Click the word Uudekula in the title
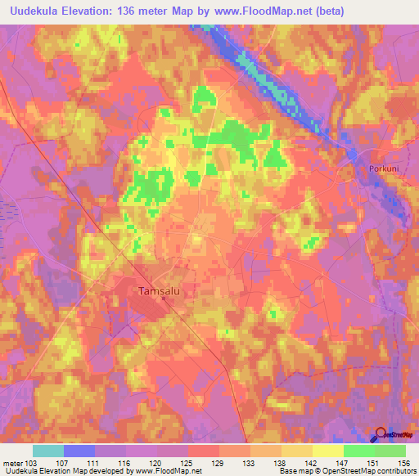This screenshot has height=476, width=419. pyautogui.click(x=37, y=11)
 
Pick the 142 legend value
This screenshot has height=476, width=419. pyautogui.click(x=300, y=462)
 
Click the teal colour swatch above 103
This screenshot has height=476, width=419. pyautogui.click(x=48, y=451)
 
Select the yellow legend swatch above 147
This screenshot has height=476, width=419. pyautogui.click(x=327, y=451)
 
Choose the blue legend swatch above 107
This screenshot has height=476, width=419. pyautogui.click(x=79, y=451)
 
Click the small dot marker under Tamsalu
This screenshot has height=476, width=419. pyautogui.click(x=163, y=299)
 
